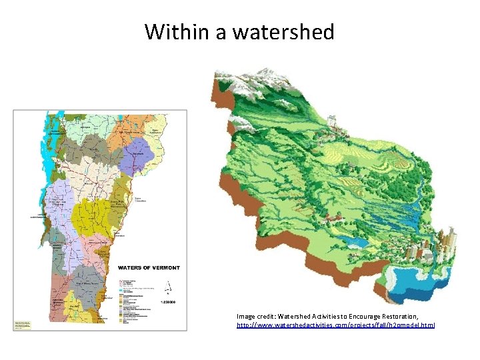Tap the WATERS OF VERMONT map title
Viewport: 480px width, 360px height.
149,267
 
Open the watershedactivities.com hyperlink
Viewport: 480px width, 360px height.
336,325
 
